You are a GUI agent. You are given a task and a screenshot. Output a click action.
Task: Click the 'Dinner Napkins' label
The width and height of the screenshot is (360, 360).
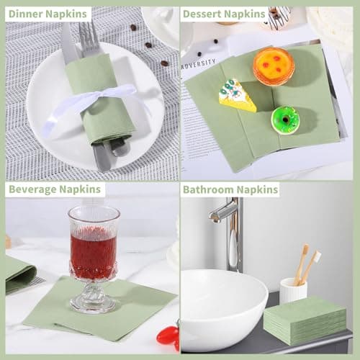pyautogui.click(x=48, y=14)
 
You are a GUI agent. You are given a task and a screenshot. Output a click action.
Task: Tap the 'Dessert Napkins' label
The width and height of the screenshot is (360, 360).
pyautogui.click(x=224, y=14)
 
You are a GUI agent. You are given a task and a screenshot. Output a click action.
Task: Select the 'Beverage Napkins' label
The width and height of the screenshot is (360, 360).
pyautogui.click(x=55, y=189)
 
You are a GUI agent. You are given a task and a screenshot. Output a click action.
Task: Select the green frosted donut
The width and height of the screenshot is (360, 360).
pyautogui.click(x=285, y=120)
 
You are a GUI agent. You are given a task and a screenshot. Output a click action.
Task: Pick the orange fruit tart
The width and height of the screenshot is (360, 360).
pyautogui.click(x=274, y=66)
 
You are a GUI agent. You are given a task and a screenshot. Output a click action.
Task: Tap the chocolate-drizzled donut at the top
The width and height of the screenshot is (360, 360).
pyautogui.click(x=279, y=16)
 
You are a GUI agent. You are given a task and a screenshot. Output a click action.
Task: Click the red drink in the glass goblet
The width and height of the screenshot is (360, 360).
pyautogui.click(x=93, y=252)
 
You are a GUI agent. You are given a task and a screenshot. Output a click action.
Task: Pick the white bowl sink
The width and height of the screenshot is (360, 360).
pyautogui.click(x=222, y=310)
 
